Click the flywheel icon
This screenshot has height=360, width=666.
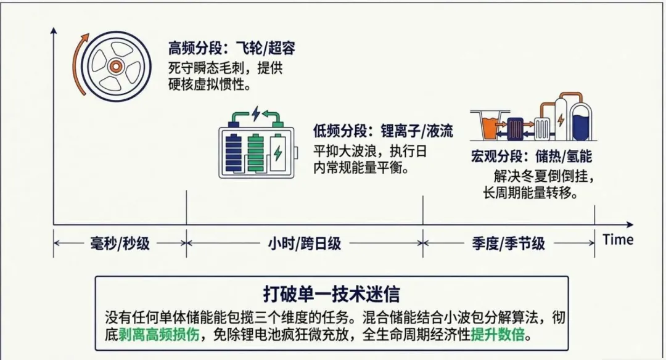(116, 67)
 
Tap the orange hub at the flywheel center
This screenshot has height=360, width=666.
(115, 66)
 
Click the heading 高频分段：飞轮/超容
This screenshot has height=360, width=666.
(231, 48)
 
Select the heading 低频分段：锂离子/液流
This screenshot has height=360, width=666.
(383, 130)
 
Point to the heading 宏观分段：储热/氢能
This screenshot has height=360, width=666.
(532, 156)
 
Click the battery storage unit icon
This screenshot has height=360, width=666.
(258, 142)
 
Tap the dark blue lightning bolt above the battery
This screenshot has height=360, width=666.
(256, 113)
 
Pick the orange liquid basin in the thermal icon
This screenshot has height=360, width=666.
(490, 126)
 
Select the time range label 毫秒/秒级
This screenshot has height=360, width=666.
(120, 243)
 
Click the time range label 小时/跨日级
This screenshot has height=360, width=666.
(304, 243)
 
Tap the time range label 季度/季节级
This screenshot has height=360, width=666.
(508, 243)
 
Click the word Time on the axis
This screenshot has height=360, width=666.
(618, 239)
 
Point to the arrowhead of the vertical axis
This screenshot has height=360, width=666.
(54, 31)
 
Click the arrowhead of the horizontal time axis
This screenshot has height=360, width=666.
(630, 224)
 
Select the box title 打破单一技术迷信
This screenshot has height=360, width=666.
(331, 295)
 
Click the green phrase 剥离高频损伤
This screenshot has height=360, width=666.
(159, 335)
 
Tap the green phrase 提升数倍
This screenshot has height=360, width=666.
(498, 335)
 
